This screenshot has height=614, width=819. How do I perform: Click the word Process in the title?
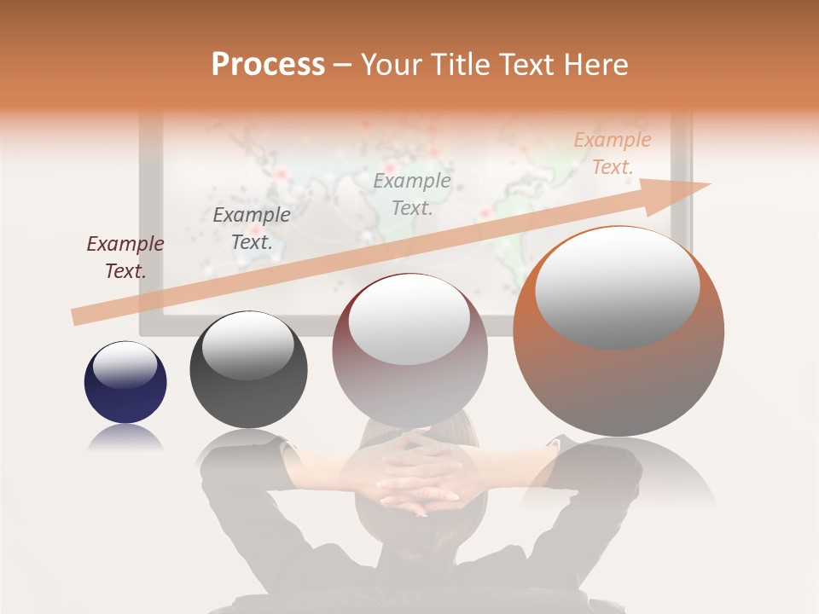point(268,65)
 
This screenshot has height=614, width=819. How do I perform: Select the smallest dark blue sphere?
point(125,382)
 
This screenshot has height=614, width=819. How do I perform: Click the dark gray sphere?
point(248,369)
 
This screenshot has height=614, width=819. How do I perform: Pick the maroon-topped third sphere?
point(409,349)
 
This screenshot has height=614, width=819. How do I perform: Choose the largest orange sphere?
point(619,331)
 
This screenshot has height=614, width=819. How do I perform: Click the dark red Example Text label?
point(125,258)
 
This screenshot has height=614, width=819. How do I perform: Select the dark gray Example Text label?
point(251,229)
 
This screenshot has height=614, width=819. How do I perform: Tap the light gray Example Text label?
point(412,194)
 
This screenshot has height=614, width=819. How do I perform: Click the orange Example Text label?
point(612,153)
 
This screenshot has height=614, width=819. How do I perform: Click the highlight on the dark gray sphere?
point(247,344)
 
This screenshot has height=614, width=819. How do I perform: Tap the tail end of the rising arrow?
point(78,316)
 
